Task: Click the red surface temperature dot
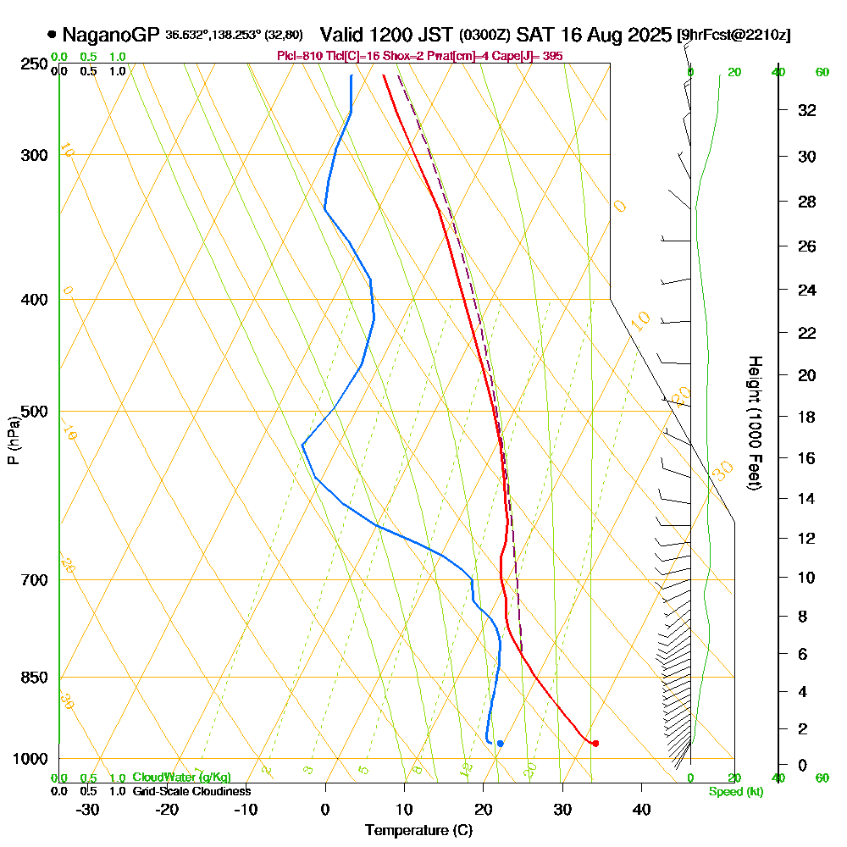595,744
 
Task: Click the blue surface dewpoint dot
501,744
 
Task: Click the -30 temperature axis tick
88,810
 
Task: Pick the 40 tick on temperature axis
641,810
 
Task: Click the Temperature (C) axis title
418,831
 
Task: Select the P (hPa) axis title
14,440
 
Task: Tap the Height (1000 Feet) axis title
753,423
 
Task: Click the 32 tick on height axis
807,110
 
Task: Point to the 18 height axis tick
807,417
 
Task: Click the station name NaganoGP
110,35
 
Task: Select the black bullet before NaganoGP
53,35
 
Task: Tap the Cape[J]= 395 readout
530,56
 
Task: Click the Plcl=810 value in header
296,56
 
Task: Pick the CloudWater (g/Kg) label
181,778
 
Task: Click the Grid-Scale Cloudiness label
191,791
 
